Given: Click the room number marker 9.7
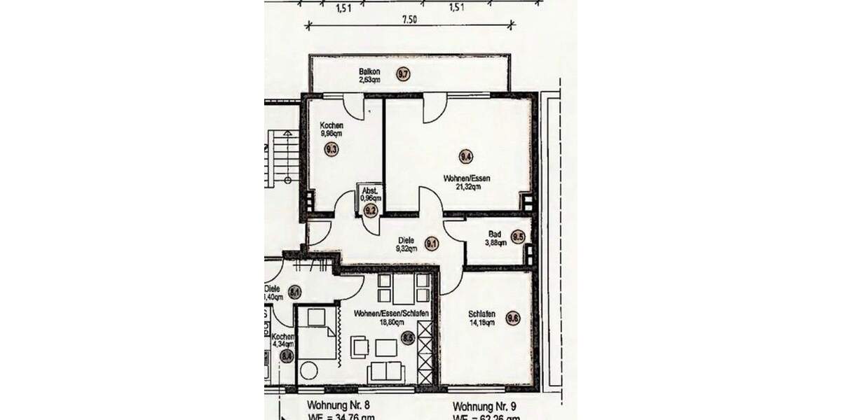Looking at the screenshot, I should [x=402, y=73].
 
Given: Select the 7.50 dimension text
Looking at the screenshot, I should [x=409, y=20].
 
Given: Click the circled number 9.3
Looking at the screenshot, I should [x=331, y=148].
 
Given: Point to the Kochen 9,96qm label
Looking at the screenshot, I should [x=331, y=129].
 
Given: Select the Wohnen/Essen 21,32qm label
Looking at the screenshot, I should [x=466, y=182].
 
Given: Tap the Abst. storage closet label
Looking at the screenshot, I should [x=370, y=194].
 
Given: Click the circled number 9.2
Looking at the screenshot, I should [x=370, y=209].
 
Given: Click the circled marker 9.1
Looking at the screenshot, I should [x=432, y=244].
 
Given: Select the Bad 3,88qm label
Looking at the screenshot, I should [x=495, y=238].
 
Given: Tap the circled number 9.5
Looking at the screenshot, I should [x=518, y=237].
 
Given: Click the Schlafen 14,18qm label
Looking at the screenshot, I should [x=482, y=318].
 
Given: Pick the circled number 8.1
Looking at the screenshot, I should [x=294, y=292].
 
